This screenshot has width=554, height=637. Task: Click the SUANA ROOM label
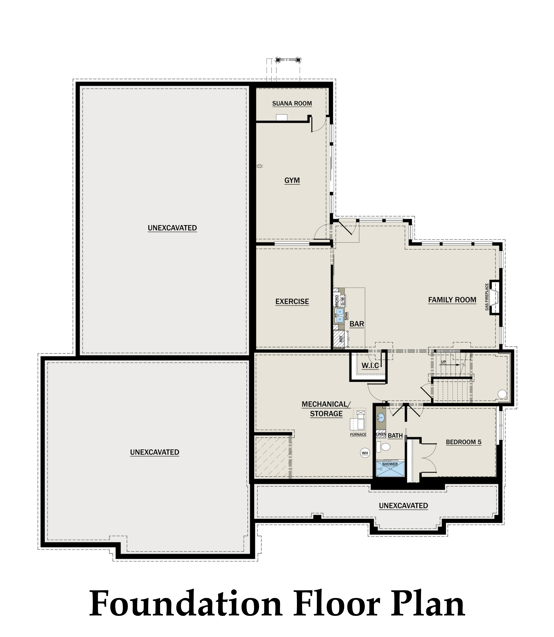point(292,104)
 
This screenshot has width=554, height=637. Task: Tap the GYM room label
point(292,180)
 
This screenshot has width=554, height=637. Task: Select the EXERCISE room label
point(292,301)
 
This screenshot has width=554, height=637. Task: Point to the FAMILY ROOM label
point(452,299)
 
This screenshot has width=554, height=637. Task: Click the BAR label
point(357,324)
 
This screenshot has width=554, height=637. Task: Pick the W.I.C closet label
point(370,366)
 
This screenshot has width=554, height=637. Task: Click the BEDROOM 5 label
point(463,442)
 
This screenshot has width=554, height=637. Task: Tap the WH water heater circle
point(365,453)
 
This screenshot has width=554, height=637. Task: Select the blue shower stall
point(390,469)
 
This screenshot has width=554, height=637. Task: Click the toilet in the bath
point(383,447)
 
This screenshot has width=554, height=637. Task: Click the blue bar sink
point(339,315)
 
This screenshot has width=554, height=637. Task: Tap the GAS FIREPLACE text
point(487,297)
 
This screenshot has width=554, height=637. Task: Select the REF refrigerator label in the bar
point(341,339)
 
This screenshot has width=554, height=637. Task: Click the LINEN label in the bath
point(381,434)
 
